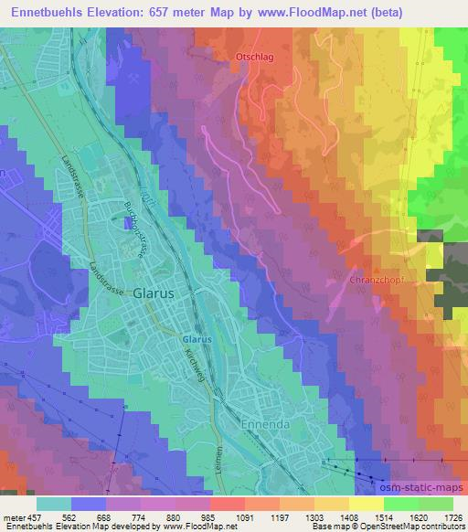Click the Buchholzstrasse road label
(136, 229)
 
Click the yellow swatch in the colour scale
(367, 505)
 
